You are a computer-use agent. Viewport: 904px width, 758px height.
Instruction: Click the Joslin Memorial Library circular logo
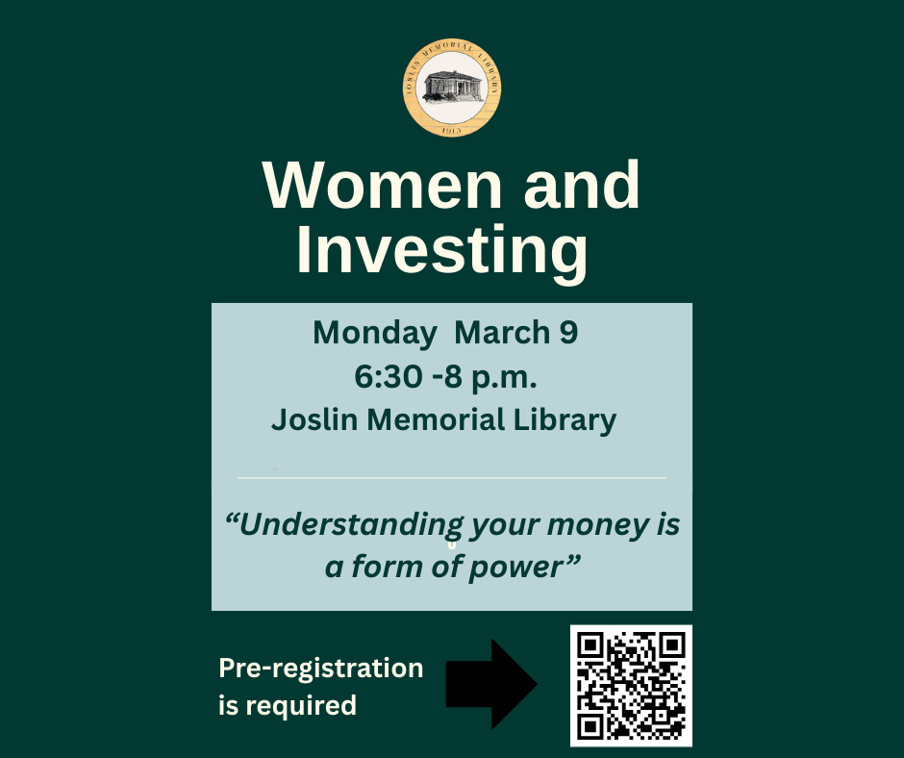click(x=452, y=88)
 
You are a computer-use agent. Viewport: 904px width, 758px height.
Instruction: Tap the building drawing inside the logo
click(x=453, y=87)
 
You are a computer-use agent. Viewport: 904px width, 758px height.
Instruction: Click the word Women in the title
click(x=383, y=185)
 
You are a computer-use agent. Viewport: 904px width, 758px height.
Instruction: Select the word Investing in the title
click(x=442, y=251)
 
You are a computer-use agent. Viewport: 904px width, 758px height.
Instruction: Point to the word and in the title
click(x=582, y=185)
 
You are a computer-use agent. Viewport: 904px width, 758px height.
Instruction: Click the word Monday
click(x=375, y=334)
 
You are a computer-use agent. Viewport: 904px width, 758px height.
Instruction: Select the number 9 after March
click(x=568, y=332)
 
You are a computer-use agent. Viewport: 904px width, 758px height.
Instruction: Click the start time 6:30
click(x=388, y=377)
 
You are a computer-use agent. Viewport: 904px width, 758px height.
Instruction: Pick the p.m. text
click(x=504, y=379)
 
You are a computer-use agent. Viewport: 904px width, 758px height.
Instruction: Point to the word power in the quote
click(x=515, y=568)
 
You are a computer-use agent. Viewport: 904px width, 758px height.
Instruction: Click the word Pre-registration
click(x=321, y=668)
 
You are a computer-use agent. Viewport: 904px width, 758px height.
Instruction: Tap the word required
click(x=301, y=705)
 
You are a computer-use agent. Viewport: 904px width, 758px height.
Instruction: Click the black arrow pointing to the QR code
click(x=491, y=684)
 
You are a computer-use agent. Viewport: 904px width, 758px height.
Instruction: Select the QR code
click(x=631, y=686)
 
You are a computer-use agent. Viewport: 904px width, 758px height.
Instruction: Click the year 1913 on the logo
click(x=451, y=131)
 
